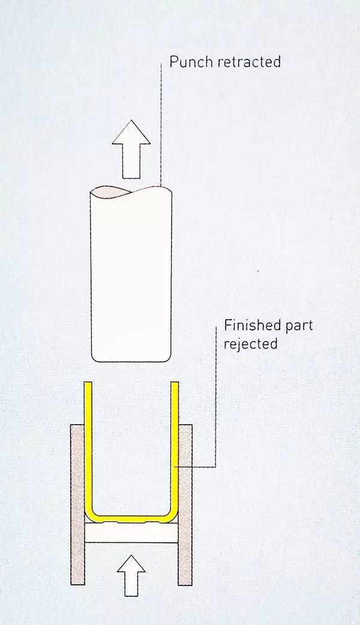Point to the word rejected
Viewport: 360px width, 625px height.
click(251, 344)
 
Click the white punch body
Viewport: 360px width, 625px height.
click(131, 276)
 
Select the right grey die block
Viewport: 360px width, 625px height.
click(185, 504)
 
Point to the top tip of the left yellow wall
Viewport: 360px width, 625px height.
click(88, 384)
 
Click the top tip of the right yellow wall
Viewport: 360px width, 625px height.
click(176, 384)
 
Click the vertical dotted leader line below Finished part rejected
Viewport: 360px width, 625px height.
click(215, 408)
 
